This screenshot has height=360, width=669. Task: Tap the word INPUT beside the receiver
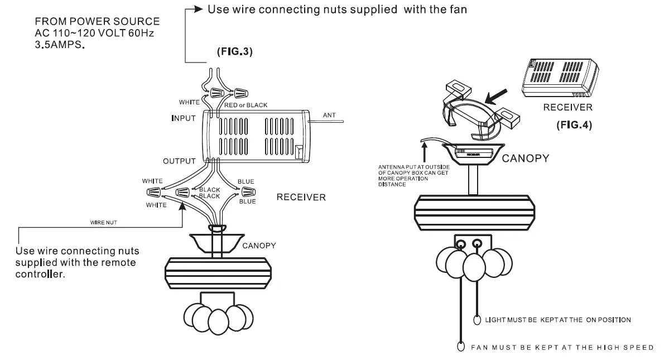183,118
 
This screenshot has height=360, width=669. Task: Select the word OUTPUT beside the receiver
179,161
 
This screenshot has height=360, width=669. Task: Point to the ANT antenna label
330,115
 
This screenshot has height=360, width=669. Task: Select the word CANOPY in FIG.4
525,159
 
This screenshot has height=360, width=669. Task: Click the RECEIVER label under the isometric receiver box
567,107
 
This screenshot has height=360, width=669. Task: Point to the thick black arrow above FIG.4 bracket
499,93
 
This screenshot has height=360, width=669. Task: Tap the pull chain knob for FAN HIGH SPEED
461,345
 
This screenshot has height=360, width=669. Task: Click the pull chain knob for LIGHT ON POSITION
478,320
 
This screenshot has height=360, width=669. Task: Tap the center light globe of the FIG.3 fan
215,319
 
